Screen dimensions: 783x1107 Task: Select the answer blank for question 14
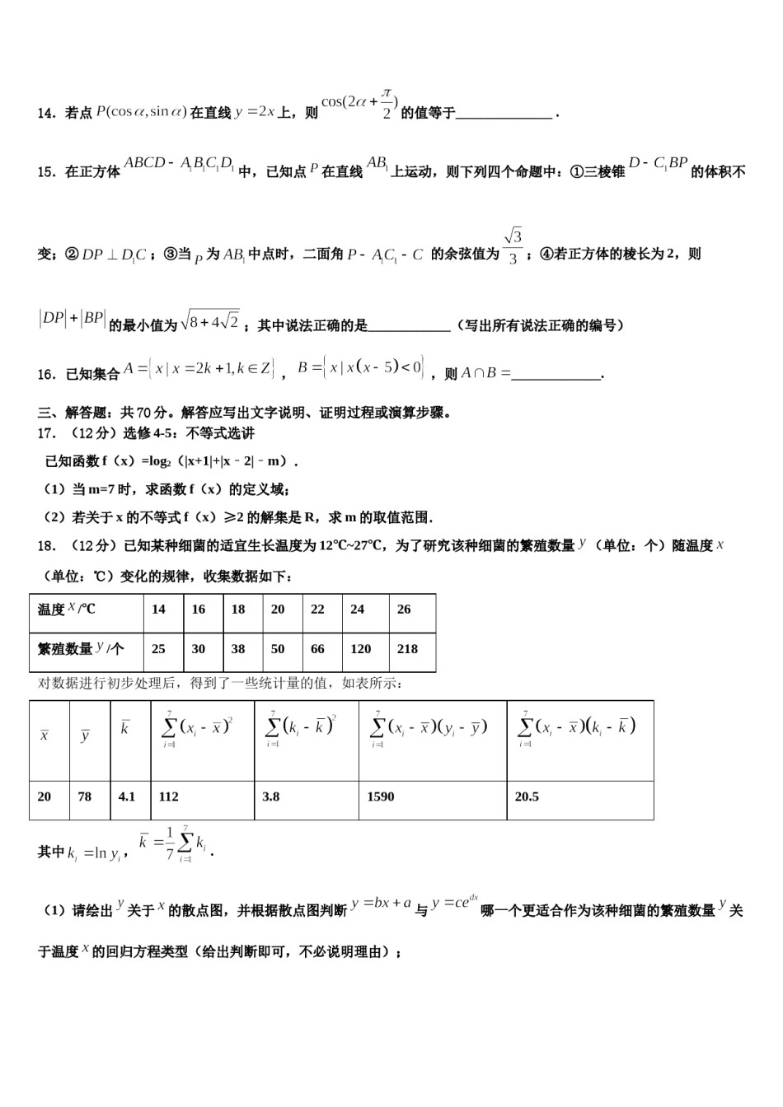click(504, 114)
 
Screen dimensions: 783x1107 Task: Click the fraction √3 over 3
click(513, 246)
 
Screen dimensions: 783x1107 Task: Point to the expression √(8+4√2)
click(210, 320)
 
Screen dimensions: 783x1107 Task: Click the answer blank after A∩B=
click(556, 375)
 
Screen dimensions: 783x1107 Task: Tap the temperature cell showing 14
click(158, 610)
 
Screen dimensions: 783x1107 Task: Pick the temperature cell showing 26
click(404, 610)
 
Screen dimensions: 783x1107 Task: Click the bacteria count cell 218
click(407, 649)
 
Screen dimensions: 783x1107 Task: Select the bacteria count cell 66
click(317, 649)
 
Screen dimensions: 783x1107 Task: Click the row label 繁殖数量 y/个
click(80, 649)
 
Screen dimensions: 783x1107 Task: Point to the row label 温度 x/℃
click(67, 610)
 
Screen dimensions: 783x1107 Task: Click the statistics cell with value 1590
click(381, 796)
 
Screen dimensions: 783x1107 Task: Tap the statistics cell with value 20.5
click(527, 796)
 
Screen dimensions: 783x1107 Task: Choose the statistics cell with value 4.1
click(127, 796)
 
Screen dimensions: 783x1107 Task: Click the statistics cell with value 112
click(168, 796)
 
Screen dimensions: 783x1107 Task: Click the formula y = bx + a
click(381, 904)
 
